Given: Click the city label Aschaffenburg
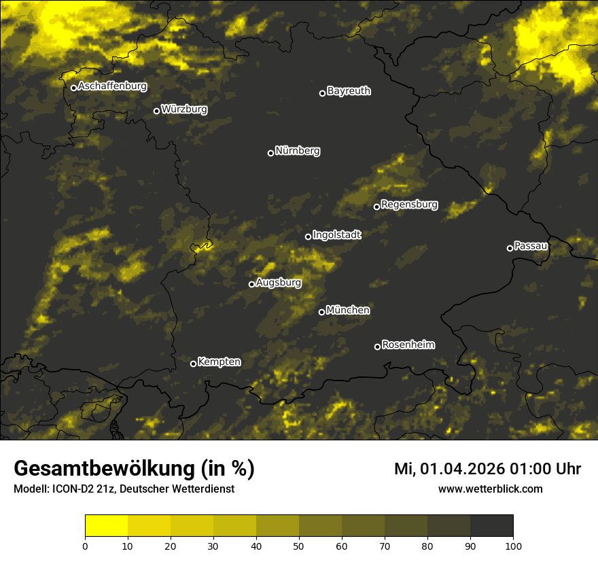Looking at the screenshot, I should tap(112, 86).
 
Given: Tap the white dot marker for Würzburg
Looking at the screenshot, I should tap(156, 111).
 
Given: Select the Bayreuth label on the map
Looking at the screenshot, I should tap(349, 91).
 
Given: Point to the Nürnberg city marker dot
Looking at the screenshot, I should tap(270, 153).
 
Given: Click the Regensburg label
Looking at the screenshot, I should tap(409, 205).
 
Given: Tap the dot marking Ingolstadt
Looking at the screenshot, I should tap(308, 236).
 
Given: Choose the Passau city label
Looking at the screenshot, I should tap(531, 245).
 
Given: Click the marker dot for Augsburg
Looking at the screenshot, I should tap(251, 284).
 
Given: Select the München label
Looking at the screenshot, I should tap(348, 311).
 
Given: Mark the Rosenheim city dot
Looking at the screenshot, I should tap(377, 347).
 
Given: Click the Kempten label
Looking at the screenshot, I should tap(219, 362).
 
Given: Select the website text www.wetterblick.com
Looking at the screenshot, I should tap(490, 489).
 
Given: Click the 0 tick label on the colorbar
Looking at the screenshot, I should tap(85, 545).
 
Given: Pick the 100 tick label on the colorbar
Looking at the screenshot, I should tap(513, 545).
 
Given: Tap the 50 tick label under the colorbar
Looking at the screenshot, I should tap(299, 545).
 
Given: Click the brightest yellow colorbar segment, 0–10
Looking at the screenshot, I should tap(106, 526).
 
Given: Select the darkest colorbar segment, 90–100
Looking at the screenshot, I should tap(491, 526).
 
